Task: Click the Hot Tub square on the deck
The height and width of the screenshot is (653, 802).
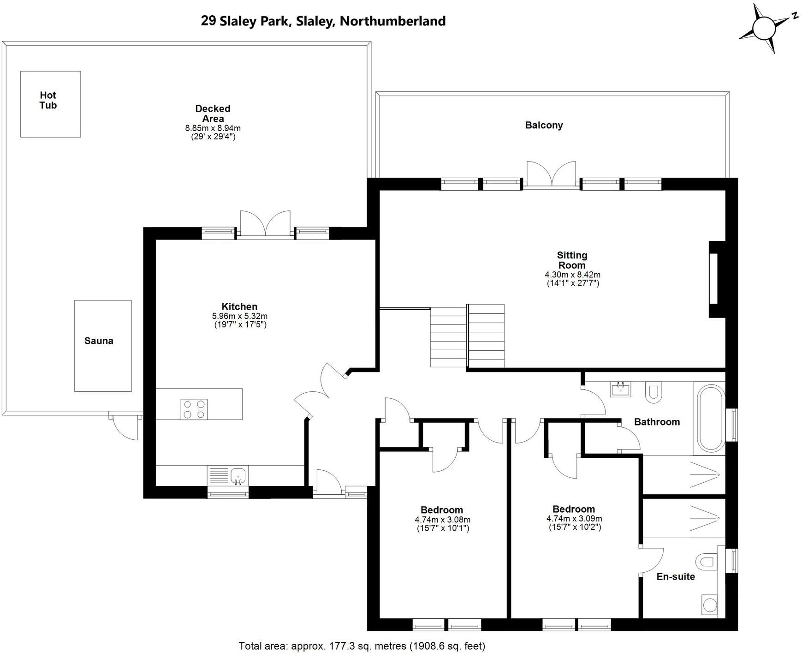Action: point(50,104)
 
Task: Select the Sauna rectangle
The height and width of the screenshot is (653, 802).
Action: point(103,346)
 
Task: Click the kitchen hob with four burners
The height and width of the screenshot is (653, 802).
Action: point(194,409)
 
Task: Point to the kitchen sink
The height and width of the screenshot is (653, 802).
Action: point(238,475)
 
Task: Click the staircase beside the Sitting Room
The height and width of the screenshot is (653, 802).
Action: point(467,335)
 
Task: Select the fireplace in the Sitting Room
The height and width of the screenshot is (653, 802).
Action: point(715,279)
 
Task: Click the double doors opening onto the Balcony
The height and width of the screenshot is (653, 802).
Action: point(551,175)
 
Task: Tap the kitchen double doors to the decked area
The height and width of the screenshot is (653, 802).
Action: point(265,224)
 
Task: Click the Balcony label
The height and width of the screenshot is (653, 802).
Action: point(544,125)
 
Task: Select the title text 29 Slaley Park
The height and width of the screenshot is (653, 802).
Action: point(323,21)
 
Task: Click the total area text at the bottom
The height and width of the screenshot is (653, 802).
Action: point(362,646)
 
